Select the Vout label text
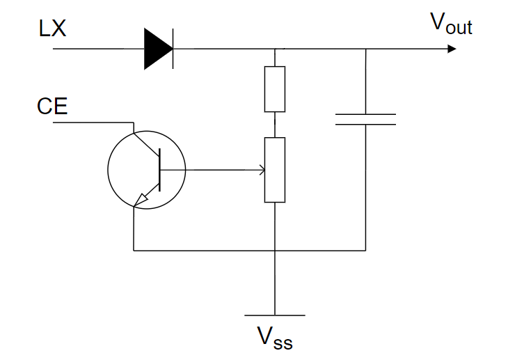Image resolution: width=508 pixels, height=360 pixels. [450, 24]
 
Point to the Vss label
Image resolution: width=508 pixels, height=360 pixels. [274, 339]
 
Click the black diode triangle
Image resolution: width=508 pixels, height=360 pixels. [156, 49]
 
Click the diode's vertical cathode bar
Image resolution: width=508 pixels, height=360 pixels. [172, 49]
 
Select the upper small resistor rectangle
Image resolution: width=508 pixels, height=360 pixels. [275, 89]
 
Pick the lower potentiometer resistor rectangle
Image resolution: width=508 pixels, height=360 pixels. [275, 169]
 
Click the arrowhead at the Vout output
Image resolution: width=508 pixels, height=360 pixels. [452, 49]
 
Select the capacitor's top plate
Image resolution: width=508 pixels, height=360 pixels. [365, 114]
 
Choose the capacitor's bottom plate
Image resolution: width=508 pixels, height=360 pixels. [365, 125]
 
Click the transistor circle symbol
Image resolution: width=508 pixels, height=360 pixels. [146, 169]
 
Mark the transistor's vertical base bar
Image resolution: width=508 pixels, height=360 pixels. [159, 169]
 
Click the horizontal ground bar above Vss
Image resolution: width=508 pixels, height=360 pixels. [275, 315]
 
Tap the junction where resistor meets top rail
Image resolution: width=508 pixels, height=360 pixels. [275, 49]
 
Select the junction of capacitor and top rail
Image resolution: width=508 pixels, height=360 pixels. [365, 49]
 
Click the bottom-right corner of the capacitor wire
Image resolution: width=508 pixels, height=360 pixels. [365, 250]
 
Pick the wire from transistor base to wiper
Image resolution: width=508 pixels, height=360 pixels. [209, 169]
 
